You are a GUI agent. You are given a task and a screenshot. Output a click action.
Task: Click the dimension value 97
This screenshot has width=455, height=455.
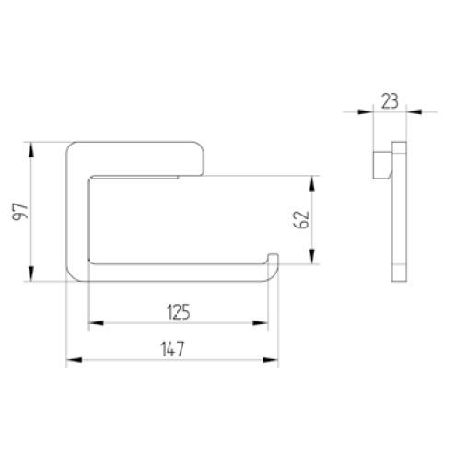click(20, 211)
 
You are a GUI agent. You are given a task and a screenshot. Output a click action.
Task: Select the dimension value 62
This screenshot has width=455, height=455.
click(301, 219)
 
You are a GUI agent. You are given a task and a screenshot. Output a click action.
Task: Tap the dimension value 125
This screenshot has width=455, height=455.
click(179, 311)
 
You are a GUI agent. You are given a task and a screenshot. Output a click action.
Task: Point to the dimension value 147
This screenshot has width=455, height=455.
click(172, 349)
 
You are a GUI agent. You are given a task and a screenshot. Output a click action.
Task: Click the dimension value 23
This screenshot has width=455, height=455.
click(390, 101)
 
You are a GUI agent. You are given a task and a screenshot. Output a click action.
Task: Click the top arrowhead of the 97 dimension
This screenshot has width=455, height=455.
click(31, 150)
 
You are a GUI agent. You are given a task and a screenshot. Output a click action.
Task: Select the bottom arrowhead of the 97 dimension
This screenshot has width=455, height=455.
click(31, 274)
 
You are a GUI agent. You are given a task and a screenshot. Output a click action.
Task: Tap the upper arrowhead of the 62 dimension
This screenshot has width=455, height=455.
click(312, 183)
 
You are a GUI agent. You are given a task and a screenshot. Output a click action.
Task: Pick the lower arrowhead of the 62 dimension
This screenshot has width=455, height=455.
click(312, 256)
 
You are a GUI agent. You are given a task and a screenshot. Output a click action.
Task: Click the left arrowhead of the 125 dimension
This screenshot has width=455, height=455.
click(96, 323)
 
